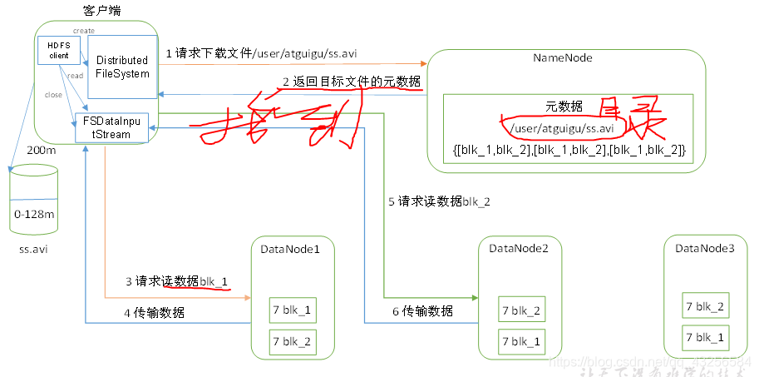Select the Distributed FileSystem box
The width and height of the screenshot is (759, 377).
(122, 67)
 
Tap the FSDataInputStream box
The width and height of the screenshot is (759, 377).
(111, 127)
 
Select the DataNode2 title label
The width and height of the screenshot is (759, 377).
(519, 248)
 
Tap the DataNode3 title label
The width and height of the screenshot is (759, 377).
(705, 248)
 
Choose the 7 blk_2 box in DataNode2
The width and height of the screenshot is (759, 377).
(521, 310)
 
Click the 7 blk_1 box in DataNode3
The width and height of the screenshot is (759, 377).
(705, 337)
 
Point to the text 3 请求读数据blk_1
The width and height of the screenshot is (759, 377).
(176, 281)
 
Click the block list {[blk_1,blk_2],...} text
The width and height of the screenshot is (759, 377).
(569, 149)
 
